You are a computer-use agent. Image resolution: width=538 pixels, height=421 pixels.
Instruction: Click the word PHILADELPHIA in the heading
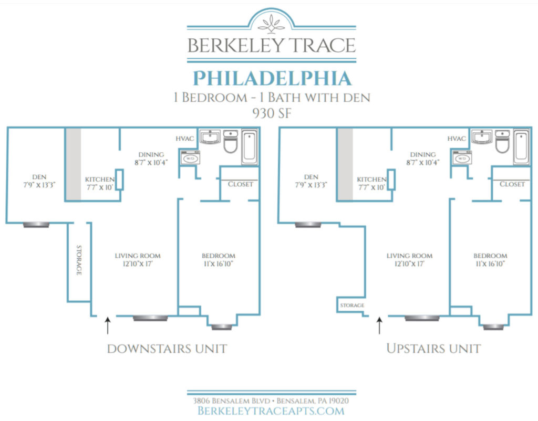tap(272, 78)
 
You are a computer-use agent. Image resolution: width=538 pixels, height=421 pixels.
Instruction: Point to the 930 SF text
tap(272, 113)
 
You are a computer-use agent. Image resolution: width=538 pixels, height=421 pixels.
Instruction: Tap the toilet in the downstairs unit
tap(231, 141)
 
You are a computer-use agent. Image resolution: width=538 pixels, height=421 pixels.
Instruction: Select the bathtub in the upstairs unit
tap(522, 147)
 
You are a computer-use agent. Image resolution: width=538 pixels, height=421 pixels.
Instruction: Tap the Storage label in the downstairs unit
tap(79, 260)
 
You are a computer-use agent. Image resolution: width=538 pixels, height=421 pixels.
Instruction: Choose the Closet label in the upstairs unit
tap(512, 184)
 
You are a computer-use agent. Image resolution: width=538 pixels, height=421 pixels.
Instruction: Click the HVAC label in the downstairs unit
tap(185, 139)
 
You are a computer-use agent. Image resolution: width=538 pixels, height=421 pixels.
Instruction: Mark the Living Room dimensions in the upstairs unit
tap(409, 264)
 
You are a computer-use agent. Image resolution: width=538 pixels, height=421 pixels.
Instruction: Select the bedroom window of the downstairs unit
tap(222, 327)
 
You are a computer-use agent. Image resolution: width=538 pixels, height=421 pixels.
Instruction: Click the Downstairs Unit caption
tap(167, 349)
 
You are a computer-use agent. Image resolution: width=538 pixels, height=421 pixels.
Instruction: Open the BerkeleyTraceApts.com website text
tap(271, 411)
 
